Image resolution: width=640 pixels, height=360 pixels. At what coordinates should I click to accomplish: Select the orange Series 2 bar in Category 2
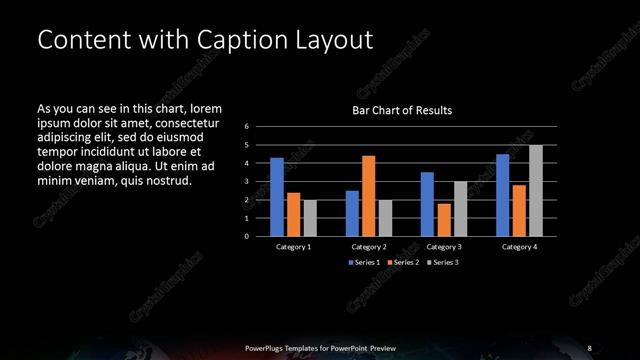click(x=368, y=196)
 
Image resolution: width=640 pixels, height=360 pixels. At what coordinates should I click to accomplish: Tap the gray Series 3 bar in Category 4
click(x=536, y=191)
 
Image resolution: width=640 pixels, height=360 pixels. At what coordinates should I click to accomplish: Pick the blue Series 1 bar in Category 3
click(x=427, y=204)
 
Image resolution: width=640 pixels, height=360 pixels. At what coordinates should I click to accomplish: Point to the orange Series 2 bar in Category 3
click(x=443, y=220)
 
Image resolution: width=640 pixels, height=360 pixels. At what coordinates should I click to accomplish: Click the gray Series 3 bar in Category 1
click(x=310, y=218)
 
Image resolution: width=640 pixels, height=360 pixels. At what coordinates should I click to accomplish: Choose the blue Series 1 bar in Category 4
click(x=503, y=195)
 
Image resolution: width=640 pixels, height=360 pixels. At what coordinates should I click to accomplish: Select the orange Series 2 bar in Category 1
click(x=293, y=214)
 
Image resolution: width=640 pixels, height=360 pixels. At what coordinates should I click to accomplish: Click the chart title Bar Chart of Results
click(x=402, y=110)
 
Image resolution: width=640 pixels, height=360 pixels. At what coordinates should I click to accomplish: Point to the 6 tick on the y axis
click(x=246, y=127)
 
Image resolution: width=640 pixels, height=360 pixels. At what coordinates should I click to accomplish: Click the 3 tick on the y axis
click(x=246, y=182)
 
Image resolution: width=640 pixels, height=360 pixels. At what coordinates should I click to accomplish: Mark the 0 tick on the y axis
click(x=246, y=237)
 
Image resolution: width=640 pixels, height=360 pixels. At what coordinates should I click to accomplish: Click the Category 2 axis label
click(x=368, y=247)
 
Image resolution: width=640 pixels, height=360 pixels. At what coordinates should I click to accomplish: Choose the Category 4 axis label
click(x=519, y=247)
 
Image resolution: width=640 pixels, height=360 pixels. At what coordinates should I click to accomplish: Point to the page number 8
click(x=590, y=348)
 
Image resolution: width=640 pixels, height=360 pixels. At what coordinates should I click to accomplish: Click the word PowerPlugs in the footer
click(x=265, y=348)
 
